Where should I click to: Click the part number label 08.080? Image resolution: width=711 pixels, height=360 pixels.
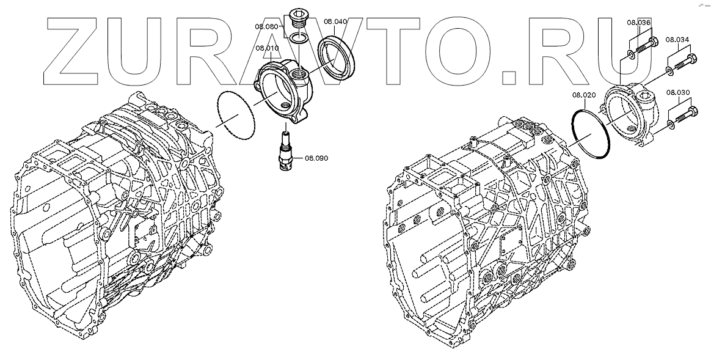click(x=266, y=26)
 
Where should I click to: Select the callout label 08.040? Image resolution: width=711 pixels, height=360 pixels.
click(x=335, y=21)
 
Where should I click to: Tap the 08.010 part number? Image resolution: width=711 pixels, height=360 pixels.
click(x=267, y=48)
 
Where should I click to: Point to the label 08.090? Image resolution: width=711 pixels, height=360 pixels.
click(x=316, y=158)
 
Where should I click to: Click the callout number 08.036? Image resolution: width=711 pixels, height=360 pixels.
click(x=639, y=22)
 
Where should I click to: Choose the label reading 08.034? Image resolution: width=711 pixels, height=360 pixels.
click(x=677, y=40)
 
